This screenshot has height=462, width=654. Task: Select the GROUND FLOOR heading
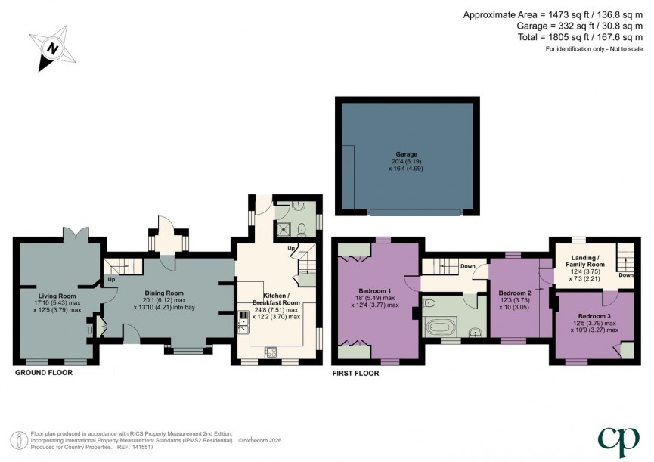[45, 373]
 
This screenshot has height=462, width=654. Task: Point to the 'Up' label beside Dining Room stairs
[111, 279]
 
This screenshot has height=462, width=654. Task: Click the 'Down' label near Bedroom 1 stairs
[468, 266]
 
